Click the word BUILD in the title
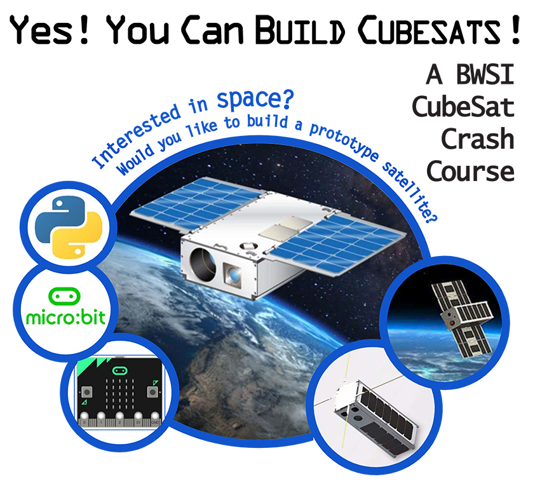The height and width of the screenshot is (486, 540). (300, 30)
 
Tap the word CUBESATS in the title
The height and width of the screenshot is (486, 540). (429, 30)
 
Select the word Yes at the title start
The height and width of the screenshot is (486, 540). (41, 30)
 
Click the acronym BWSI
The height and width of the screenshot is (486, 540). (485, 74)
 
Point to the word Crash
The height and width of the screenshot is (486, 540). (478, 138)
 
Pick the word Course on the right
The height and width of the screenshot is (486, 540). (470, 171)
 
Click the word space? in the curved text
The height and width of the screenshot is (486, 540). (255, 100)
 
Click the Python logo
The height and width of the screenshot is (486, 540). (69, 227)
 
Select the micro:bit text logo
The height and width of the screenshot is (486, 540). (66, 317)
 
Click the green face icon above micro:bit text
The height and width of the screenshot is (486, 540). (64, 296)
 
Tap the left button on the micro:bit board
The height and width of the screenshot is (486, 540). (86, 392)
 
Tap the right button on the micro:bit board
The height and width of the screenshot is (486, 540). (152, 392)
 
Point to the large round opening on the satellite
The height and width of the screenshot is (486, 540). (203, 265)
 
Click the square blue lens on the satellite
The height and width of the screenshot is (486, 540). (233, 274)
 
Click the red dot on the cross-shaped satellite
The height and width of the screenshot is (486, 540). (452, 323)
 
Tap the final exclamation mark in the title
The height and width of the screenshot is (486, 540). (516, 30)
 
